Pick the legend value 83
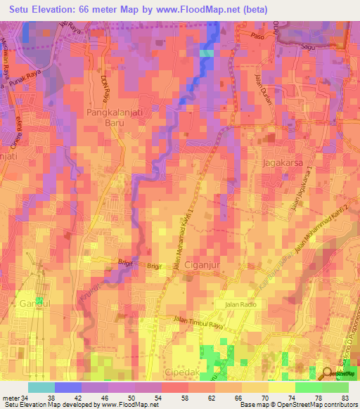coord(344,398)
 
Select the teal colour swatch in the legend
coord(41,387)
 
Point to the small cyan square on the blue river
coord(206,53)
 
